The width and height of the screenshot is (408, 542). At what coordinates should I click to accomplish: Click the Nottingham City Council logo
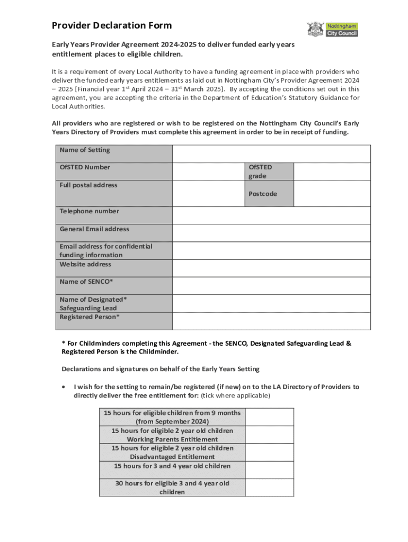coord(332,29)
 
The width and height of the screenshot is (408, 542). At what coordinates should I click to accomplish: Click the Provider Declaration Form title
coord(111,25)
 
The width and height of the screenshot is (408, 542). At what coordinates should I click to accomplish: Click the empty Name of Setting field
coord(271,153)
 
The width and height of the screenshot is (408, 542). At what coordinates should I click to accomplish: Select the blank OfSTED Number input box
coord(208,171)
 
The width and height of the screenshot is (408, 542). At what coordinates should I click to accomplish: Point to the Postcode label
coord(263,194)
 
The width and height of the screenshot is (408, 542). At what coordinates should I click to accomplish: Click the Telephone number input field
coord(271,215)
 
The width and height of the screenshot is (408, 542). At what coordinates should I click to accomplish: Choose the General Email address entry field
coord(271,233)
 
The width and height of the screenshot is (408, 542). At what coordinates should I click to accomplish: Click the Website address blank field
coord(271,268)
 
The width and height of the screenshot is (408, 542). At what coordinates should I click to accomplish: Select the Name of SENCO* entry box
coord(271,286)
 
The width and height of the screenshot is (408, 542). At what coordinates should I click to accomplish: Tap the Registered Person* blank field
coord(271,321)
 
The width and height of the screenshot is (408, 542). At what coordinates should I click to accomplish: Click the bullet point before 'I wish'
coord(64,387)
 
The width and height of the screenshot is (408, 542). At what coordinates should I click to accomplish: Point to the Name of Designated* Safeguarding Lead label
coord(93,303)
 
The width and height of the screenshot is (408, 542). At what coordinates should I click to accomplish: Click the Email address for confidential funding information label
coord(105,250)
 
